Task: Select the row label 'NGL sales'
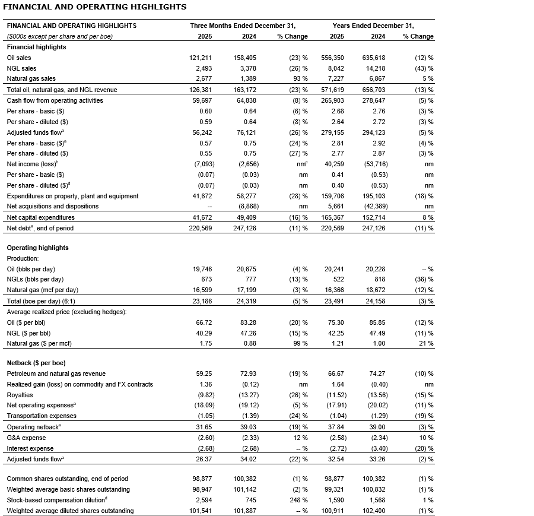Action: [21, 68]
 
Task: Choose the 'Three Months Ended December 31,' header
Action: [243, 26]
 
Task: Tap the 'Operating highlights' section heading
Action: [37, 248]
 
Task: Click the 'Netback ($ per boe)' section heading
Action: [36, 363]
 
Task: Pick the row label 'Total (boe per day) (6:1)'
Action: [41, 301]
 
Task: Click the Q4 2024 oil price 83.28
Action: [247, 322]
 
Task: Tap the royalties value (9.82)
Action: [202, 395]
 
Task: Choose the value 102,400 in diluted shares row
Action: [373, 511]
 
